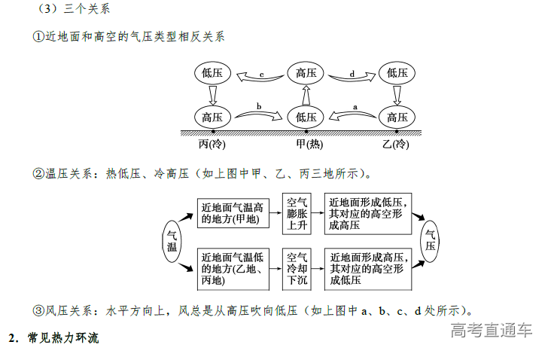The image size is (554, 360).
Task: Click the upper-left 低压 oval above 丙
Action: click(212, 73)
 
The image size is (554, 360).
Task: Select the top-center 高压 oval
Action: click(306, 73)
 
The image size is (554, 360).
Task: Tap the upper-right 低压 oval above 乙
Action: click(397, 73)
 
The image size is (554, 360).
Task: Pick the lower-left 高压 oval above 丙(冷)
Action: click(212, 117)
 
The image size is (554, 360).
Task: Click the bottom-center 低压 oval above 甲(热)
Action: click(306, 117)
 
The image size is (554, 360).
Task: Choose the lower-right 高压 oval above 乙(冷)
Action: click(397, 117)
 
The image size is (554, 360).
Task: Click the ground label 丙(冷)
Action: click(212, 143)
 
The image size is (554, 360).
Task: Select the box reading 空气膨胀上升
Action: click(297, 214)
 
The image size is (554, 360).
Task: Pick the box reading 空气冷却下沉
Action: click(297, 268)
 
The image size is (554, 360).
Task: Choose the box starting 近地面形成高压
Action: click(367, 268)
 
